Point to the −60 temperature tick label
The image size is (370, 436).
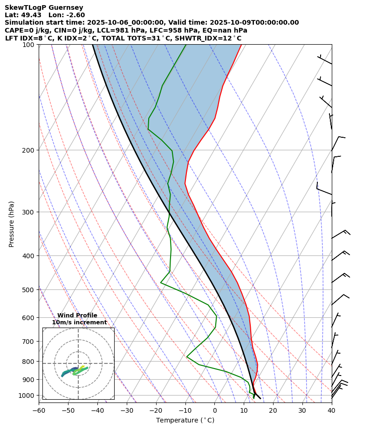[x=39, y=410]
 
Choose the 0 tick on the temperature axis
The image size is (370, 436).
[x=215, y=410]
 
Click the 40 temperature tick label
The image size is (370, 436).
[x=331, y=410]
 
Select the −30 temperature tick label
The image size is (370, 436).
[x=127, y=410]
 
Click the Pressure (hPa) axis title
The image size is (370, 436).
[x=12, y=224]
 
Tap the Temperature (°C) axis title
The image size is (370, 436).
[x=185, y=420]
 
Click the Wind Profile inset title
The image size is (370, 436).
[x=77, y=315]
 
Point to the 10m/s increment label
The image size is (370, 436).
[x=79, y=322]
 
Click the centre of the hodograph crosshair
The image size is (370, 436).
[x=78, y=363]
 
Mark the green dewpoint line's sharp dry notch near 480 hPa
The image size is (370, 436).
[x=161, y=282]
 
